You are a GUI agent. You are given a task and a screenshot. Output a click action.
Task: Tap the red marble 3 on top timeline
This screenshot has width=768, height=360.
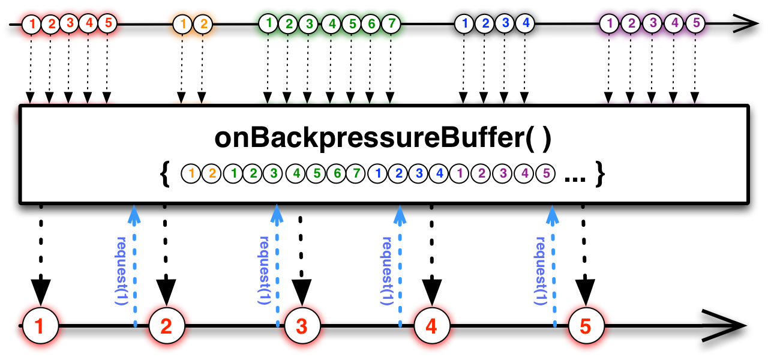pyautogui.click(x=70, y=25)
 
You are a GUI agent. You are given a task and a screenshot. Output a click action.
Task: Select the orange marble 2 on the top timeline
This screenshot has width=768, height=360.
pyautogui.click(x=203, y=25)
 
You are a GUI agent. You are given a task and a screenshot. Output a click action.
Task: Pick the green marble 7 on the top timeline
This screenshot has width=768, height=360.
pyautogui.click(x=391, y=25)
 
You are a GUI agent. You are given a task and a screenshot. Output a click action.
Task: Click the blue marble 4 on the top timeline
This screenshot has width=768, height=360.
pyautogui.click(x=525, y=25)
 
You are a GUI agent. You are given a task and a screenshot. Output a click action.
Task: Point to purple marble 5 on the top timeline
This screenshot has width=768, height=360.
pyautogui.click(x=695, y=25)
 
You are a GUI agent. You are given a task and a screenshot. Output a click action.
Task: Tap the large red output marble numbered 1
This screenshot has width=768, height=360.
pyautogui.click(x=40, y=326)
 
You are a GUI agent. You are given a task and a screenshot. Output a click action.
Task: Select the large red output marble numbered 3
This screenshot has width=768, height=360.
pyautogui.click(x=302, y=326)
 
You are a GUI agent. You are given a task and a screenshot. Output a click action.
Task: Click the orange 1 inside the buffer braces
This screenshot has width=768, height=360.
pyautogui.click(x=191, y=174)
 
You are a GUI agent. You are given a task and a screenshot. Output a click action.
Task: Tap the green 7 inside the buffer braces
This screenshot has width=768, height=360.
pyautogui.click(x=357, y=174)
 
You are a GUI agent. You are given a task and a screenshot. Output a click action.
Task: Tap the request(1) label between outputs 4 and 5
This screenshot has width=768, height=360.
pyautogui.click(x=540, y=270)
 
